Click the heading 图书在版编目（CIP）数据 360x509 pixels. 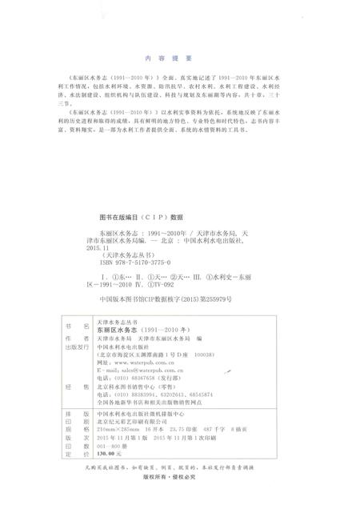[140, 217]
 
